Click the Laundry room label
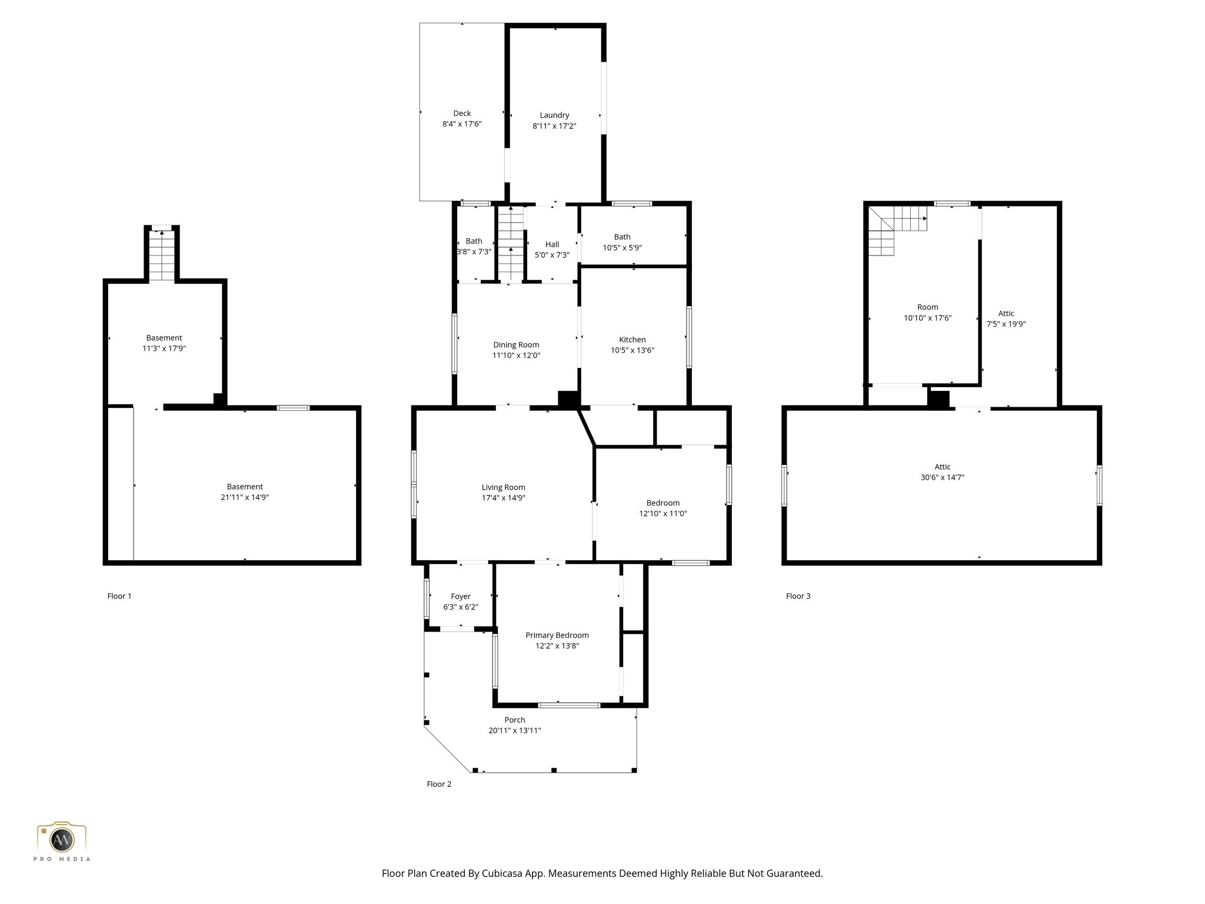(554, 115)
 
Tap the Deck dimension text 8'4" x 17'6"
(462, 124)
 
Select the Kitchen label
(633, 340)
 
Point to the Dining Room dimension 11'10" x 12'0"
(516, 355)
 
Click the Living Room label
(503, 487)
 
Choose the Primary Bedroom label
(557, 635)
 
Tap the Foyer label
(461, 596)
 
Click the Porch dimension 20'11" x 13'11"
(514, 730)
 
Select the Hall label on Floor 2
(552, 244)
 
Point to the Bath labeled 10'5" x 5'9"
(622, 237)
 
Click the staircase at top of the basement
(162, 255)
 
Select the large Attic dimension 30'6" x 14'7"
(942, 477)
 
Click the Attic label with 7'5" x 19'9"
(1006, 314)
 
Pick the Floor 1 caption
(119, 596)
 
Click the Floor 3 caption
(798, 596)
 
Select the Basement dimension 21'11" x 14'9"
(245, 497)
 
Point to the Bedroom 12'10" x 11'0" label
(663, 503)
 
